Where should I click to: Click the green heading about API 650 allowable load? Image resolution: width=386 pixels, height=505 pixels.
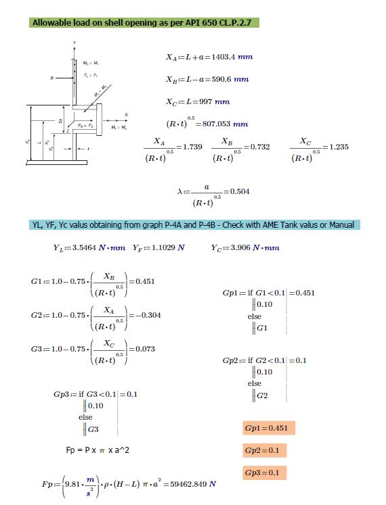tap(145, 23)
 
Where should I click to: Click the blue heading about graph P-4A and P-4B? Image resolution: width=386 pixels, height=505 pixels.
tap(196, 224)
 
